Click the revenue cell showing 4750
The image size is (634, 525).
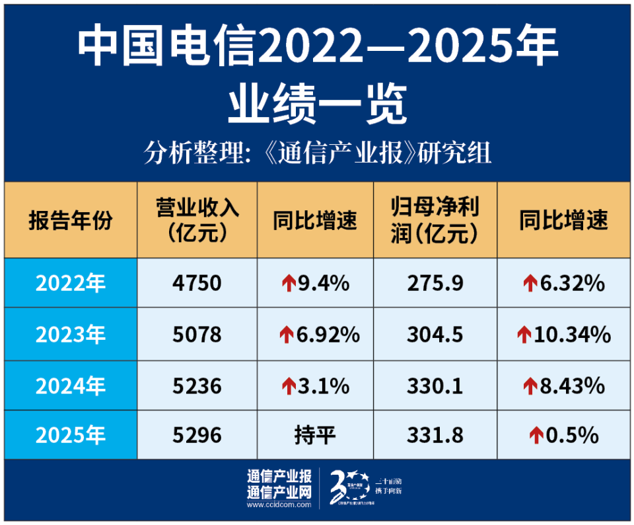point(197,283)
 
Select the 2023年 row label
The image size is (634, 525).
point(71,335)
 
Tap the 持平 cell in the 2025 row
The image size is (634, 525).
point(315,435)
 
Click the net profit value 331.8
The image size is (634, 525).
point(435,435)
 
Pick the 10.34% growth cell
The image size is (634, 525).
point(564,335)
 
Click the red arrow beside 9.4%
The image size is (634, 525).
point(287,284)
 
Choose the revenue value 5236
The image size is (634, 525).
point(197,385)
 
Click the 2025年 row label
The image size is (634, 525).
point(71,435)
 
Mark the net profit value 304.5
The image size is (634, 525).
point(435,335)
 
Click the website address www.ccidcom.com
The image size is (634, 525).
point(279,505)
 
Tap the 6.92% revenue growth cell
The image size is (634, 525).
point(315,335)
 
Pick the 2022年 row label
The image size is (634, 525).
point(71,283)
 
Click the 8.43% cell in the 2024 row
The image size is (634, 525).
point(564,385)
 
